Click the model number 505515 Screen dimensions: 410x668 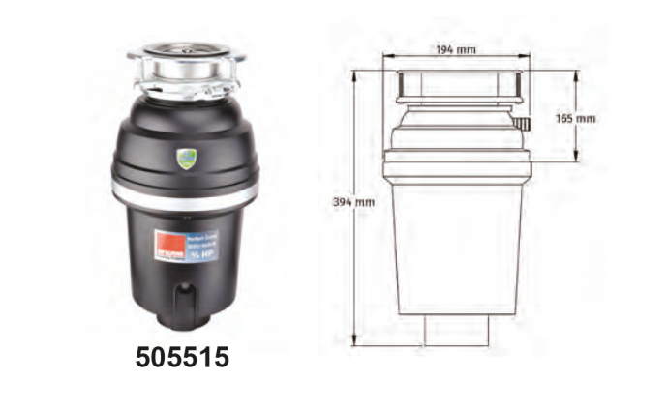point(182,358)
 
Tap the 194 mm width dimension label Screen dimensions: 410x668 point(456,48)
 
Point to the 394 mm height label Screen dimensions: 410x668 point(353,202)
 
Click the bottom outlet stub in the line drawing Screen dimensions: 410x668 point(457,330)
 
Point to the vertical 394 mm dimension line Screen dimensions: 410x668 point(355,251)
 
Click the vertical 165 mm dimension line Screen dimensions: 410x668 point(579,97)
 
